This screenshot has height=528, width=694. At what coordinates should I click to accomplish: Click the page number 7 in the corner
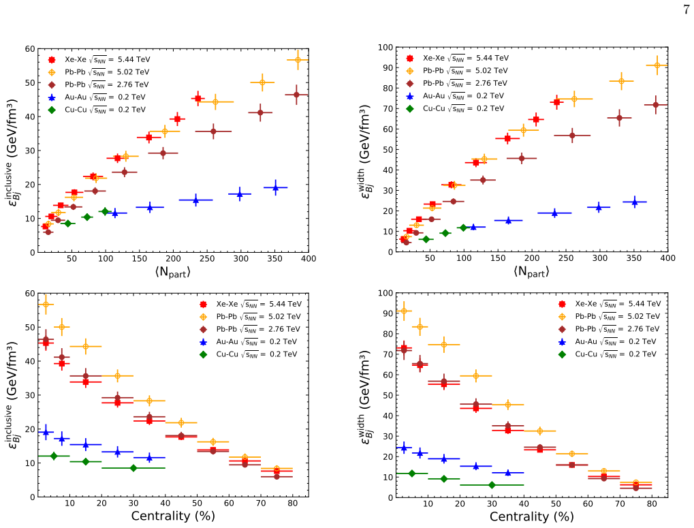(686, 10)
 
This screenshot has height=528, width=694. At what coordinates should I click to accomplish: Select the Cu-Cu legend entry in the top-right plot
(455, 108)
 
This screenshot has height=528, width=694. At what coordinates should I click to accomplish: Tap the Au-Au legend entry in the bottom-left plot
(249, 342)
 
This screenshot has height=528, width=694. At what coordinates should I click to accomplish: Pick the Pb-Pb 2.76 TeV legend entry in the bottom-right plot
(609, 329)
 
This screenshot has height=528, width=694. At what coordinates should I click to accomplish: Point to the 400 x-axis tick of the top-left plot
(309, 258)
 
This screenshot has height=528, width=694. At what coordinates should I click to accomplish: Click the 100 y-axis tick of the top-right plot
(385, 48)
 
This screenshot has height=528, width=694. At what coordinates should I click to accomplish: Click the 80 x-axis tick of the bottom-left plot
(293, 503)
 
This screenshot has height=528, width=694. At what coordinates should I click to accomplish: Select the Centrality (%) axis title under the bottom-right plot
(531, 516)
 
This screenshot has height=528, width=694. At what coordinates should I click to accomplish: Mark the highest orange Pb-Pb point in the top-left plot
(298, 60)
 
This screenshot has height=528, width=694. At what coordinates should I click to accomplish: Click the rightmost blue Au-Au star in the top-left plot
(275, 187)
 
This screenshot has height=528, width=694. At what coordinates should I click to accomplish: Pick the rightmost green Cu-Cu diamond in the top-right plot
(463, 228)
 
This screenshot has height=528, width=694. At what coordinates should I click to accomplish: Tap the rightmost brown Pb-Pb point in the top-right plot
(655, 105)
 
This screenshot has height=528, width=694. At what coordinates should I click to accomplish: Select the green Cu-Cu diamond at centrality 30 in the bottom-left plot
(133, 468)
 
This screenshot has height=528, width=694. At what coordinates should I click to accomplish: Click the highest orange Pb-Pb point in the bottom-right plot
(403, 311)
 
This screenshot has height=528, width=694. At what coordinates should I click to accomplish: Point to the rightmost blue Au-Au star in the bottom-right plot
(507, 473)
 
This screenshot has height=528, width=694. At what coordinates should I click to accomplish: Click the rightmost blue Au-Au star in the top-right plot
(634, 202)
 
